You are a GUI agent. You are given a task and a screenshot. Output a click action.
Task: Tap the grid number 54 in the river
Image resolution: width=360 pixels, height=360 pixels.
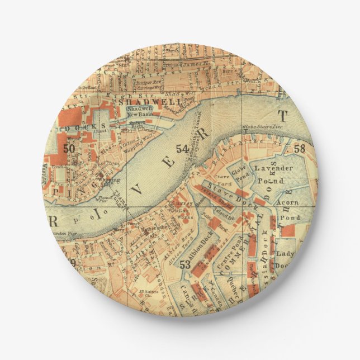[x=182, y=149]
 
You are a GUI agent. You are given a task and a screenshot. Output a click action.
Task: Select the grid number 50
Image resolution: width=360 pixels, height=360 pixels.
[x=69, y=149]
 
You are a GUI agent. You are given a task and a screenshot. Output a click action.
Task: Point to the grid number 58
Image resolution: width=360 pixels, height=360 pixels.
[x=300, y=148]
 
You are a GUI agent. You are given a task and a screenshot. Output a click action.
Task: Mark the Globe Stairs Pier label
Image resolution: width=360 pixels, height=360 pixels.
[x=260, y=127]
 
